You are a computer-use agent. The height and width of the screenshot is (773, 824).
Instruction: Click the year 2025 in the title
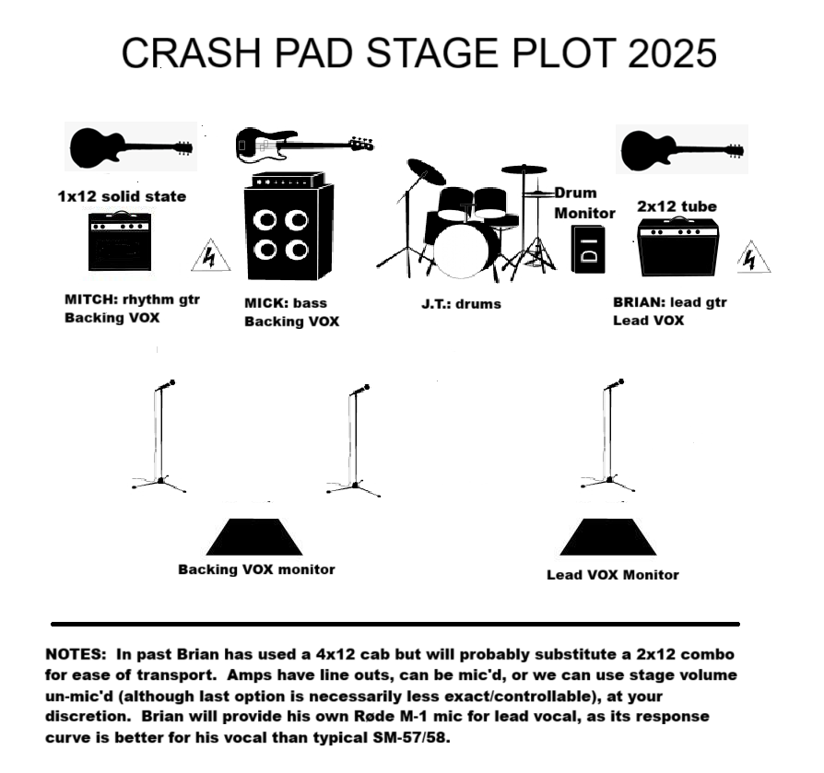pyautogui.click(x=672, y=53)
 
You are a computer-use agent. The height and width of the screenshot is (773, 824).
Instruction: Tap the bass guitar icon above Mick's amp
pyautogui.click(x=304, y=144)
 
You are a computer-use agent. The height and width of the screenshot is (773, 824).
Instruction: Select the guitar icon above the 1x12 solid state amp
pyautogui.click(x=131, y=147)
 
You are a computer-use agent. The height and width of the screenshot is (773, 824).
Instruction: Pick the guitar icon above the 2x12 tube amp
pyautogui.click(x=682, y=151)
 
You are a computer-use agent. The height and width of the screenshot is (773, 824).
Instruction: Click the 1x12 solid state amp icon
pyautogui.click(x=120, y=241)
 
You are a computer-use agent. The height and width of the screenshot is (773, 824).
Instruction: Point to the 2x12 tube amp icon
pyautogui.click(x=677, y=247)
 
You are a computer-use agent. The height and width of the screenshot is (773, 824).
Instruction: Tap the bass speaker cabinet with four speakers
pyautogui.click(x=289, y=231)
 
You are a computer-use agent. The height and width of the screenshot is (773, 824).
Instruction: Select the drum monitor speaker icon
pyautogui.click(x=588, y=249)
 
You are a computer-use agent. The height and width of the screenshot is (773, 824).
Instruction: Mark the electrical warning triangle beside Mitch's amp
pyautogui.click(x=211, y=255)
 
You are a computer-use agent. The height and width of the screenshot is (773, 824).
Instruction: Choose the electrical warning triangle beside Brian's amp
pyautogui.click(x=753, y=257)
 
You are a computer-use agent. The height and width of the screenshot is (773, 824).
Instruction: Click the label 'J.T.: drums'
pyautogui.click(x=461, y=304)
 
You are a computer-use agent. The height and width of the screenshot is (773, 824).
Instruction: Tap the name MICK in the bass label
pyautogui.click(x=265, y=303)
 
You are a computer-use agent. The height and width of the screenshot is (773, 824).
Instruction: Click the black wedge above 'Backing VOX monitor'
pyautogui.click(x=254, y=537)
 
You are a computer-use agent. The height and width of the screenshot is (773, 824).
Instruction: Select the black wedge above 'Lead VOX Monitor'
pyautogui.click(x=608, y=537)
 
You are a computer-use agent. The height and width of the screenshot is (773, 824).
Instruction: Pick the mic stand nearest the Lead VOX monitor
pyautogui.click(x=607, y=436)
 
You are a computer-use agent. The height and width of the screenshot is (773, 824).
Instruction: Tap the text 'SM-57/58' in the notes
pyautogui.click(x=411, y=738)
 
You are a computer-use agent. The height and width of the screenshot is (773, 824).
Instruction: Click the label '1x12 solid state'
pyautogui.click(x=122, y=197)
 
